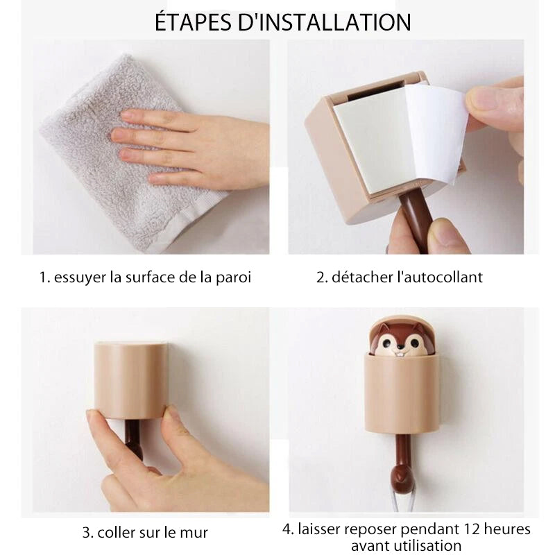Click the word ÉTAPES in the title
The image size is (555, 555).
[193, 22]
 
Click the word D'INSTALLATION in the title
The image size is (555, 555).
[325, 22]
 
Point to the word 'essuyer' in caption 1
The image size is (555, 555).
[80, 277]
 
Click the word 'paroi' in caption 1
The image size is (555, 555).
[233, 277]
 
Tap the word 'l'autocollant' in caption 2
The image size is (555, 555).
[440, 277]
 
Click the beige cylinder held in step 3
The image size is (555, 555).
[131, 380]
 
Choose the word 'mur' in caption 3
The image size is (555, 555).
[194, 533]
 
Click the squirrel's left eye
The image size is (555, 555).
[388, 343]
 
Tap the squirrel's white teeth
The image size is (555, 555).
[400, 353]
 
